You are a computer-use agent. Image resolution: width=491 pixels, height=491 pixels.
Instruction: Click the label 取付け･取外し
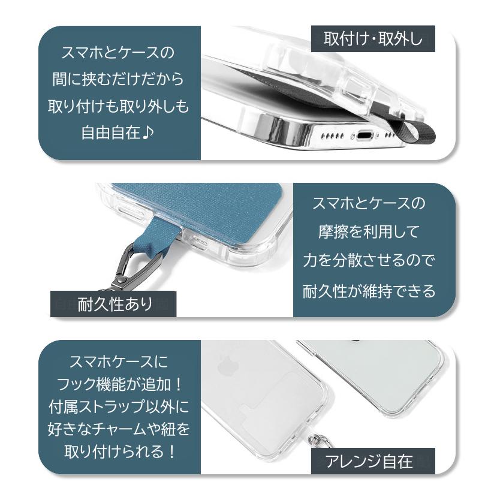click(373, 40)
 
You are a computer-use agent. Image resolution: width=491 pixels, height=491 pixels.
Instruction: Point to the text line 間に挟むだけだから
click(118, 80)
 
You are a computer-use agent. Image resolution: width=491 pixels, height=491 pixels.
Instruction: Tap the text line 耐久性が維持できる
click(369, 292)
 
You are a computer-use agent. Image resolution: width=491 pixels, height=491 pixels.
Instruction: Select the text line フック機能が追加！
click(118, 385)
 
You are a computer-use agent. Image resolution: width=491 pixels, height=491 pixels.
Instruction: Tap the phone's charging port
click(365, 135)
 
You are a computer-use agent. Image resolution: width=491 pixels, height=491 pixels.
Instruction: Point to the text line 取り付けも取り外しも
click(118, 106)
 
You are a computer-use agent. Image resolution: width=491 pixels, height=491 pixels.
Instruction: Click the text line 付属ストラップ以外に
click(118, 406)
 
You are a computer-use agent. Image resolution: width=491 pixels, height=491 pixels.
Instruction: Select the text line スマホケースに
click(118, 363)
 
